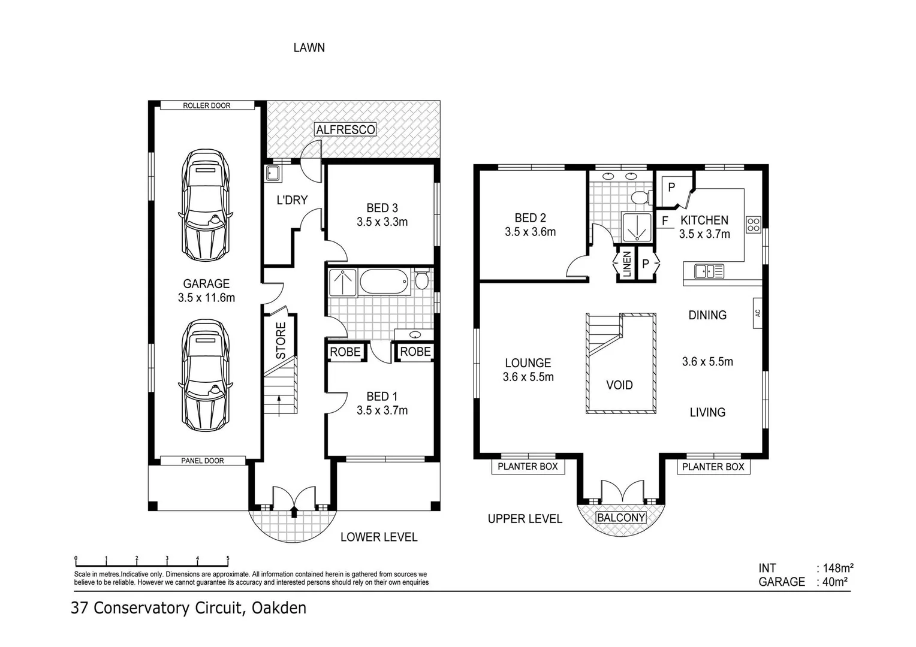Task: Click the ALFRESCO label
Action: [346, 129]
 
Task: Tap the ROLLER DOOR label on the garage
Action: [207, 105]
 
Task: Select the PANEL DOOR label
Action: [203, 461]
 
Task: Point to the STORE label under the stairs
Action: [281, 341]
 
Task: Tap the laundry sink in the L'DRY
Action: [273, 174]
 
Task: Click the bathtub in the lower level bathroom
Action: [384, 281]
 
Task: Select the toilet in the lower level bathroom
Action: [421, 280]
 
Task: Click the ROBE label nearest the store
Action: [345, 352]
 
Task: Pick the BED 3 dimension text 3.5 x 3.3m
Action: [382, 222]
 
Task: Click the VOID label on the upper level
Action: [619, 385]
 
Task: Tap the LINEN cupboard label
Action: [626, 263]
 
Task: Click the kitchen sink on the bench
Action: [709, 271]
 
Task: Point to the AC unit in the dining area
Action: [758, 313]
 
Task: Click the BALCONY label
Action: [621, 518]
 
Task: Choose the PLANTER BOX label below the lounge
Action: [528, 466]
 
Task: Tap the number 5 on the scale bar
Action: [228, 558]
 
